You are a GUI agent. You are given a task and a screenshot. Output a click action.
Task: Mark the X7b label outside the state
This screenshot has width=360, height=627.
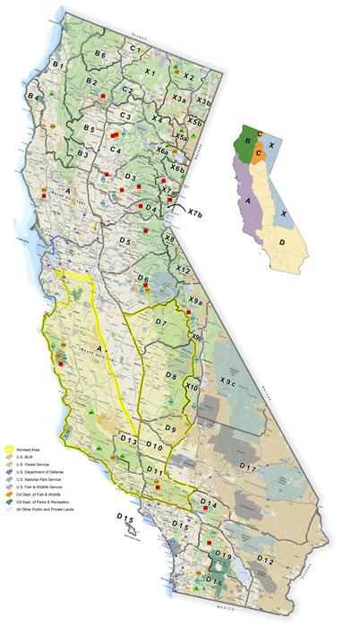coord(195,212)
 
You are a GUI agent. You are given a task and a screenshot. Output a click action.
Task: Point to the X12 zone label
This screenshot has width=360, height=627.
coord(184,269)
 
